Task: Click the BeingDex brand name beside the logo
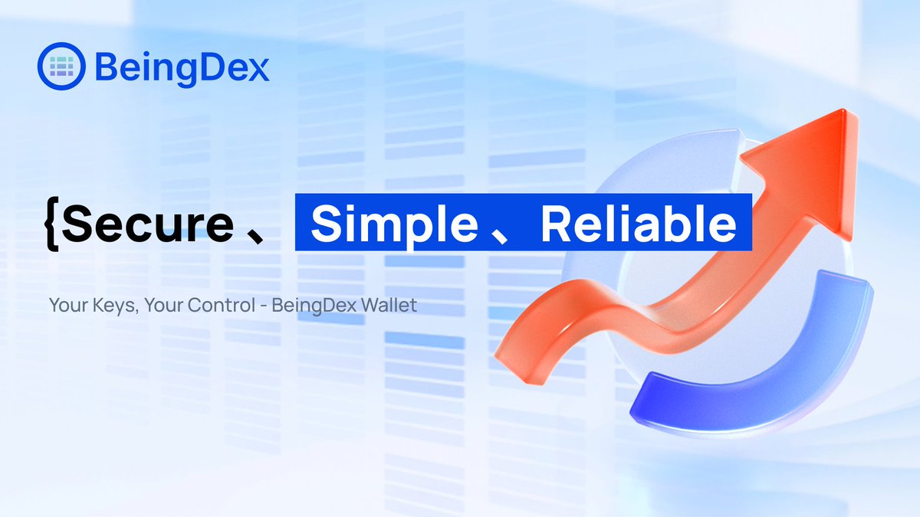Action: (182, 67)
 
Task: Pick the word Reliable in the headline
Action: (639, 224)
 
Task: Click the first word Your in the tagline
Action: (64, 306)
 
